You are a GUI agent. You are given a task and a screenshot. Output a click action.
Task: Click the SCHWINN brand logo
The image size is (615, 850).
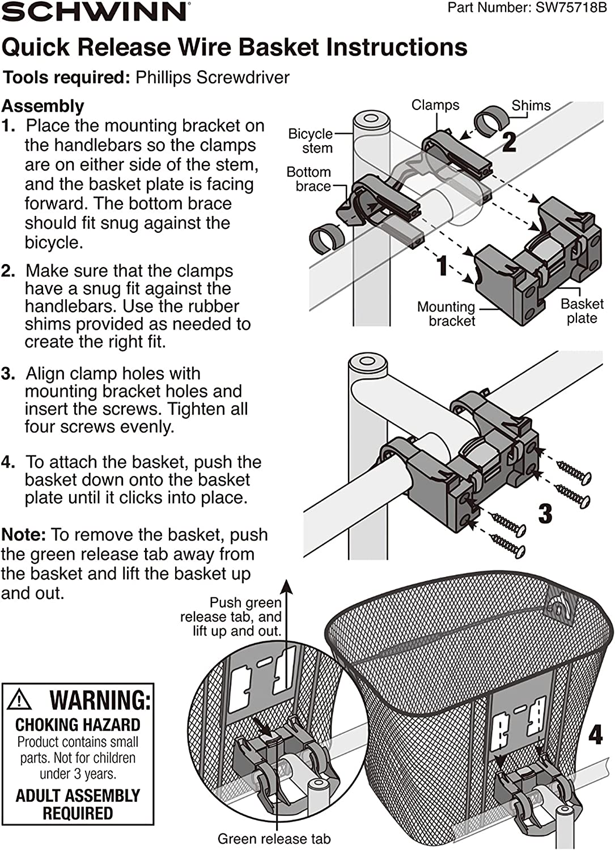[x=94, y=11]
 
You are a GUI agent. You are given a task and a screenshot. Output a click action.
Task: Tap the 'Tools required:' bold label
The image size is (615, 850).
[x=67, y=77]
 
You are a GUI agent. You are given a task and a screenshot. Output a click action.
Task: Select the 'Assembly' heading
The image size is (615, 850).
[x=43, y=106]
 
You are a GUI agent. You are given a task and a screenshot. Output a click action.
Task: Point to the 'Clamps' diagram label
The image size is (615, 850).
[x=435, y=105]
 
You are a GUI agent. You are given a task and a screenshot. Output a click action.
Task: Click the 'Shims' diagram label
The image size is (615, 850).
[x=531, y=105]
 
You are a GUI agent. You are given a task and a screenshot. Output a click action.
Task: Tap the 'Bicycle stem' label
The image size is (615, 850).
[x=311, y=141]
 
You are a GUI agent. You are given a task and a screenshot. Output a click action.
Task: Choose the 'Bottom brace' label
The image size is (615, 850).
[x=309, y=179]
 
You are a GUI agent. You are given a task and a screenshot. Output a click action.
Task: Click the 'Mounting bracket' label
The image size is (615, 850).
[x=447, y=314]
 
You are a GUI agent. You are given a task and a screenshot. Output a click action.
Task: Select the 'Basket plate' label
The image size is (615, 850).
[x=582, y=311]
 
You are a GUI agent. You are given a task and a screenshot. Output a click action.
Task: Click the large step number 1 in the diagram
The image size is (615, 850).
[x=443, y=266]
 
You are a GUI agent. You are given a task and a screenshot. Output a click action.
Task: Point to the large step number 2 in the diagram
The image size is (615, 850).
[x=509, y=142]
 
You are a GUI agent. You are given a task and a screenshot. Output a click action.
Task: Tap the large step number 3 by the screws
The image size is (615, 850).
[x=545, y=513]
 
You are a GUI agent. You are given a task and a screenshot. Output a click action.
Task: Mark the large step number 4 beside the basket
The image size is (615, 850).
[x=595, y=735]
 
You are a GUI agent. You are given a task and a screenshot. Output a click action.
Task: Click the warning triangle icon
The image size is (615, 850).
[x=20, y=700]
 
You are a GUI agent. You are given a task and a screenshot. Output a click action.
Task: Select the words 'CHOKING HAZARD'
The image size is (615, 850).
[x=78, y=725]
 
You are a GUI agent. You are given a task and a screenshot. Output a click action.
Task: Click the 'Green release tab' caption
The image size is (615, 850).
[x=274, y=839]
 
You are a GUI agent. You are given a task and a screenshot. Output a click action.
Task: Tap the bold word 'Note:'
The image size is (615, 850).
[x=23, y=534]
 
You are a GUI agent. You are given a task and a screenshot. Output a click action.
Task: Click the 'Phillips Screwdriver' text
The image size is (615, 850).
[x=213, y=77]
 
